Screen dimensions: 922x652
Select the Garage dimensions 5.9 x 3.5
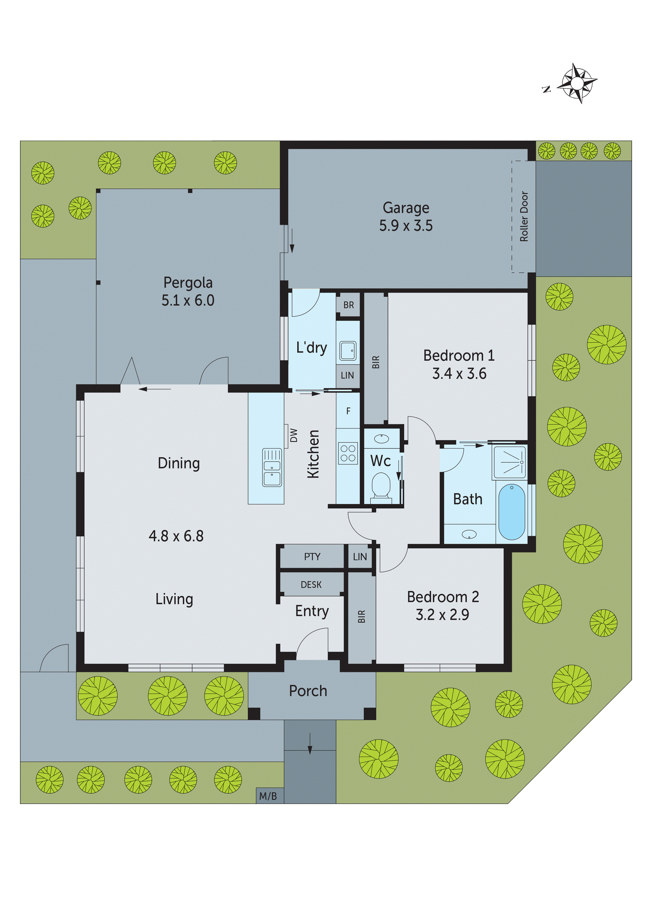click(406, 226)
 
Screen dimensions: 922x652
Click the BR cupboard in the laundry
click(348, 305)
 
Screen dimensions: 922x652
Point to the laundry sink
click(348, 351)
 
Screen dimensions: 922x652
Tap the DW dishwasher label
click(294, 435)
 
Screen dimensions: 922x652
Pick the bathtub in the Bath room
click(511, 511)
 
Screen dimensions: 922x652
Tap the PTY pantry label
click(312, 557)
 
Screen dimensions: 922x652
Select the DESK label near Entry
click(311, 585)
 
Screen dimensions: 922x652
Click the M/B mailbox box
click(268, 796)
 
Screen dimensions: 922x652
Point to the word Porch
click(308, 691)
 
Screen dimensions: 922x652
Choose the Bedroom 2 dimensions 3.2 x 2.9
click(442, 615)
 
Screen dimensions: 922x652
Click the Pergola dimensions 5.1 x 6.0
click(188, 300)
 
